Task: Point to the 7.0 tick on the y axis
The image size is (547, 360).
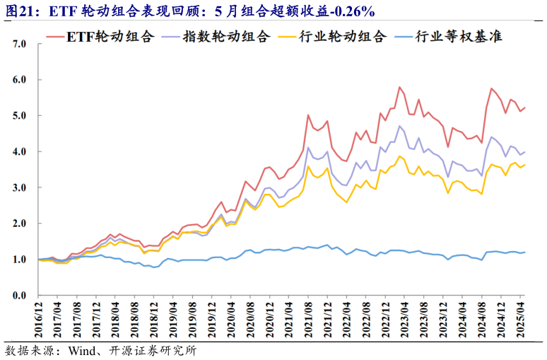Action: click(19, 44)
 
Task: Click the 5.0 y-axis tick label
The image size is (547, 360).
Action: click(19, 115)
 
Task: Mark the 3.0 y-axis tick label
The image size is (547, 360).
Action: click(19, 187)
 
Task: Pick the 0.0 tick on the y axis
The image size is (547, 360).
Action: click(19, 296)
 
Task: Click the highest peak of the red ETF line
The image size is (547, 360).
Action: click(400, 87)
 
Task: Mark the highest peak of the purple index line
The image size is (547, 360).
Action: click(400, 126)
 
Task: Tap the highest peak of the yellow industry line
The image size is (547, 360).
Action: click(400, 156)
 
